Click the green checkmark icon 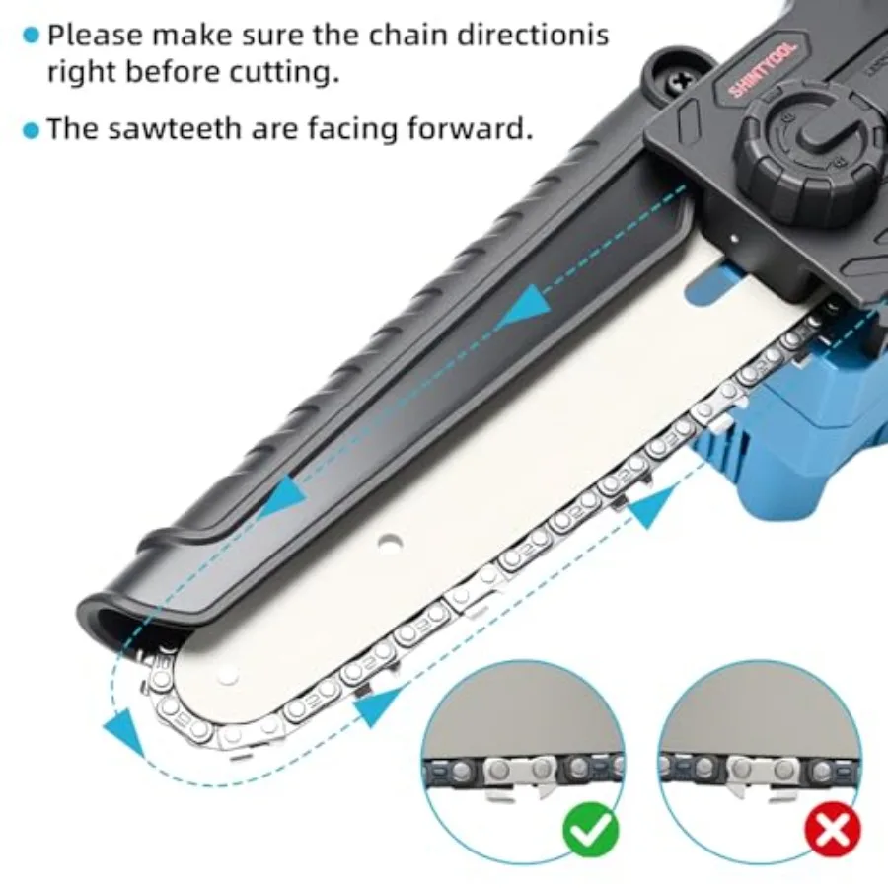pyautogui.click(x=590, y=830)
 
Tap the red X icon pyautogui.click(x=833, y=830)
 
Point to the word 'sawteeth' pyautogui.click(x=174, y=128)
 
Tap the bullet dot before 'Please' pyautogui.click(x=32, y=37)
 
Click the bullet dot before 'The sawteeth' pyautogui.click(x=32, y=131)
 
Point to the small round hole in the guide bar pyautogui.click(x=389, y=542)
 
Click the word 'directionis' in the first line pyautogui.click(x=533, y=36)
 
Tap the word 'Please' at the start pyautogui.click(x=95, y=36)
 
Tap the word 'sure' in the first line pyautogui.click(x=274, y=37)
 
